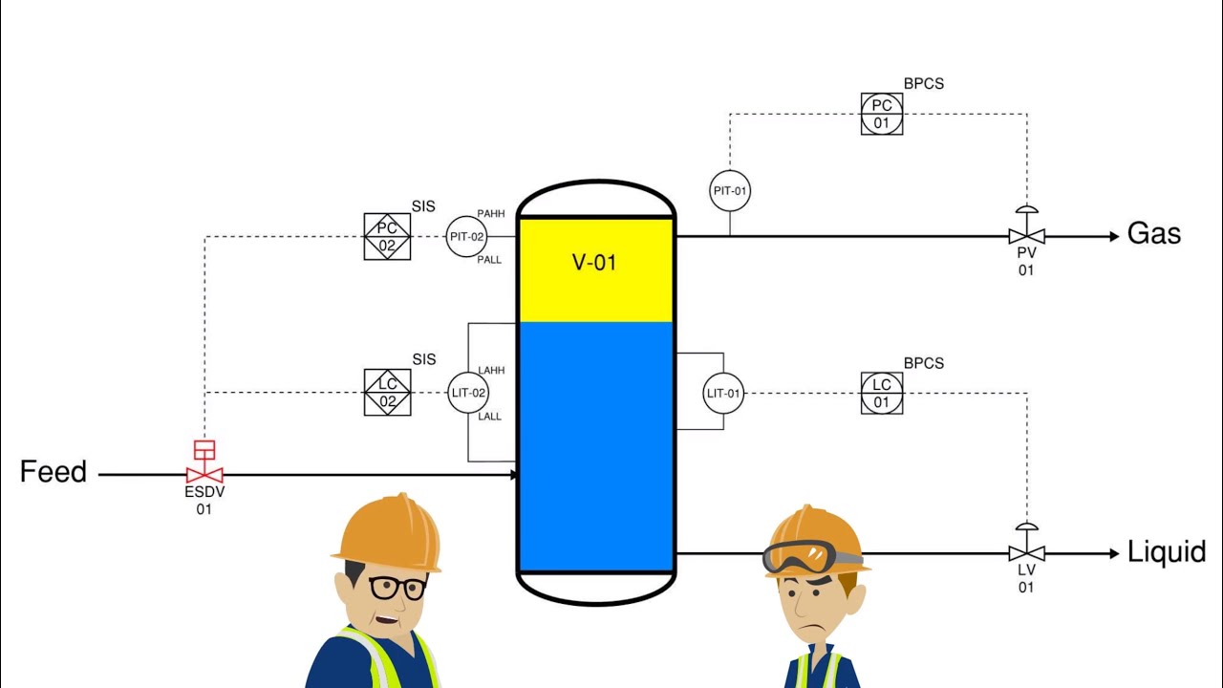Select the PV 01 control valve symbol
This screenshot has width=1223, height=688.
[x=1026, y=236]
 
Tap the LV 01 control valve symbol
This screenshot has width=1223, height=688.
[x=1026, y=552]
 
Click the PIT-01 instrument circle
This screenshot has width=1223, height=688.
[x=730, y=191]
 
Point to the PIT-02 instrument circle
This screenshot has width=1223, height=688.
[x=467, y=236]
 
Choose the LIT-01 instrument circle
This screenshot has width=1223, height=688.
[x=723, y=393]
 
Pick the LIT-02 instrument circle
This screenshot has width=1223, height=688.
[x=468, y=393]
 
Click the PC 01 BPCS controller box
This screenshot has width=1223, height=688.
[x=881, y=114]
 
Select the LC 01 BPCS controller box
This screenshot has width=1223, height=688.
[x=881, y=393]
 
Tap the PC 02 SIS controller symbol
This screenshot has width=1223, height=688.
[x=387, y=236]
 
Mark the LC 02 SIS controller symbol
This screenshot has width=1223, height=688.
[x=387, y=393]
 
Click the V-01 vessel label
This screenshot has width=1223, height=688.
[x=594, y=263]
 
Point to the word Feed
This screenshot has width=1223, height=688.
[x=54, y=472]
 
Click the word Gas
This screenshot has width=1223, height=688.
[x=1154, y=234]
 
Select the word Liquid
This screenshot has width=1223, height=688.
[x=1167, y=552]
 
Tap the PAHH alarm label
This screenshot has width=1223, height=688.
[x=491, y=214]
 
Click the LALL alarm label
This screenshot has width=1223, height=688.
[x=489, y=417]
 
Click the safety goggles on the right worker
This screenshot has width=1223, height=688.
[x=808, y=556]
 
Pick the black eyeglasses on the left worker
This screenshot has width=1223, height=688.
[x=397, y=587]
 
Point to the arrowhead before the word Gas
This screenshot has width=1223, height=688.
[x=1113, y=236]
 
